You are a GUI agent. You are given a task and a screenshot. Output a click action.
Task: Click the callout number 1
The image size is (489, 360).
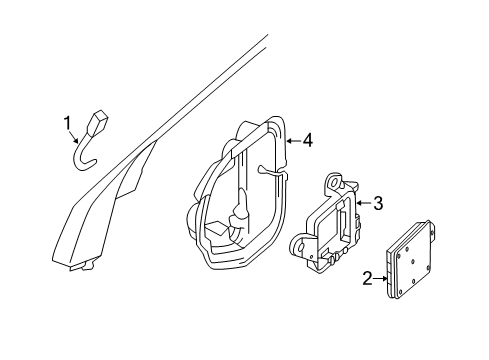pyautogui.click(x=68, y=123)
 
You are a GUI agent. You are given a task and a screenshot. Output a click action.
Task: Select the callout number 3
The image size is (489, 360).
pyautogui.click(x=378, y=204)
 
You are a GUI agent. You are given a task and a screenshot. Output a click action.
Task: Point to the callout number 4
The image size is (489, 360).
pyautogui.click(x=307, y=141)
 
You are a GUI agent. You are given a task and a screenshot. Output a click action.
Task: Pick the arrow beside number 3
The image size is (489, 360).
pyautogui.click(x=364, y=204)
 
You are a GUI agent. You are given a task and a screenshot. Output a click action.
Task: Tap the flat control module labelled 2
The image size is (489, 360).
pyautogui.click(x=411, y=265)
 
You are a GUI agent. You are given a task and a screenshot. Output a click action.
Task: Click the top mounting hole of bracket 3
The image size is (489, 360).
pyautogui.click(x=335, y=182)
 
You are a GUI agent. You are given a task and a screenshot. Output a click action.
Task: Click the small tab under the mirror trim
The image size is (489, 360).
pyautogui.click(x=89, y=266)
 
